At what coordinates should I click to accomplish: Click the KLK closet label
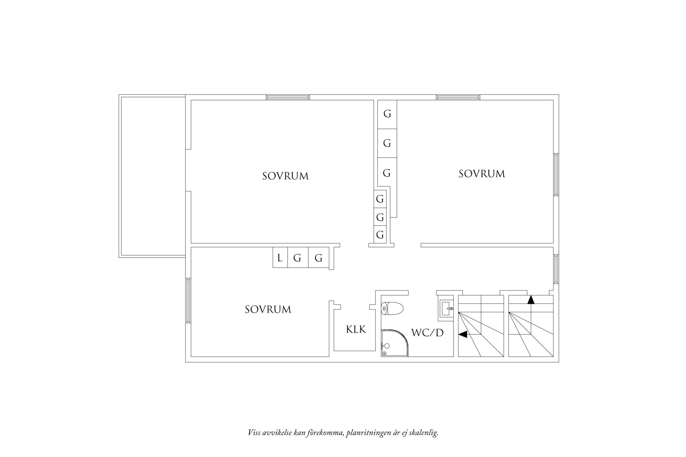[x=356, y=330]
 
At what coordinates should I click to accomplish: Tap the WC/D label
[x=427, y=333]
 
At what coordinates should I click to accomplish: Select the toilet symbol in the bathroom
[x=392, y=309]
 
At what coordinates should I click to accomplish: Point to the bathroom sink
[x=447, y=309]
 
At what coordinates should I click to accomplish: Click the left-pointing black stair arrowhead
[x=462, y=334]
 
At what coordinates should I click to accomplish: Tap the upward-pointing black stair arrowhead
[x=531, y=300]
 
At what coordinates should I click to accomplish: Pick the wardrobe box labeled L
[x=280, y=258]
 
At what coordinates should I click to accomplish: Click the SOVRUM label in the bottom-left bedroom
[x=268, y=310]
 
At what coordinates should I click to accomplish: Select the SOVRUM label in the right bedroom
[x=481, y=174]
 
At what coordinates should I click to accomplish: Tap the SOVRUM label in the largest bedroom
[x=285, y=176]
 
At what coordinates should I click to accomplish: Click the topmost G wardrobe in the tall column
[x=387, y=114]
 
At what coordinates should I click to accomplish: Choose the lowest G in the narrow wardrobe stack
[x=380, y=234]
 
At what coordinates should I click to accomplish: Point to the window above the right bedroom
[x=458, y=97]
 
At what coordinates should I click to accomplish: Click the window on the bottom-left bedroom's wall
[x=188, y=300]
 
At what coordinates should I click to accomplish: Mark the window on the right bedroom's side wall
[x=556, y=174]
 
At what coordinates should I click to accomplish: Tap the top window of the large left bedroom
[x=288, y=97]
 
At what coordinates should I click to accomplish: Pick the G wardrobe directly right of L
[x=297, y=258]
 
